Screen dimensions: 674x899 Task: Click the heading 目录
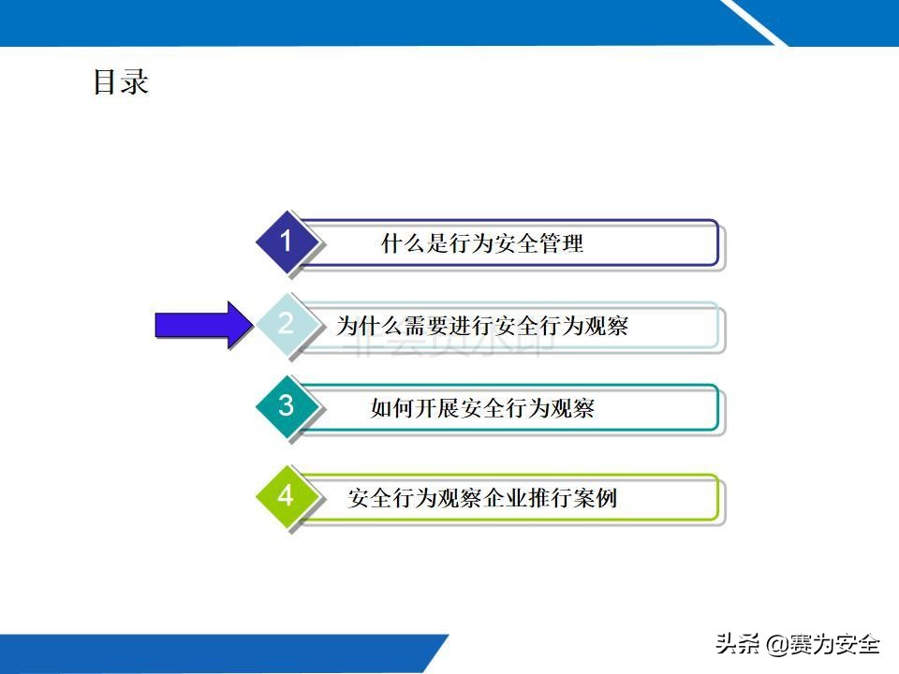coord(121,82)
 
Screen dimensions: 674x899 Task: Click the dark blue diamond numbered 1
coord(287,242)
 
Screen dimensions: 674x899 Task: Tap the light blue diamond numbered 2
coord(287,324)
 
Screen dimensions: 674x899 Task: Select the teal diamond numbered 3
coord(287,406)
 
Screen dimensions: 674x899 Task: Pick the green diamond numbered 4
coord(287,496)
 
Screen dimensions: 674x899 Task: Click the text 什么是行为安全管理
coord(482,244)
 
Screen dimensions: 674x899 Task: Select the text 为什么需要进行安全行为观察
coord(482,326)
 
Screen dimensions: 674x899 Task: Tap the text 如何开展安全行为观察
coord(482,408)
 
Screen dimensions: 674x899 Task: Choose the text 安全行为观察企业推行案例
coord(482,498)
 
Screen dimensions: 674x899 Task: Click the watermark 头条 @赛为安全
coord(798,644)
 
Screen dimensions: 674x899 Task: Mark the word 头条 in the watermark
coord(737,644)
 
